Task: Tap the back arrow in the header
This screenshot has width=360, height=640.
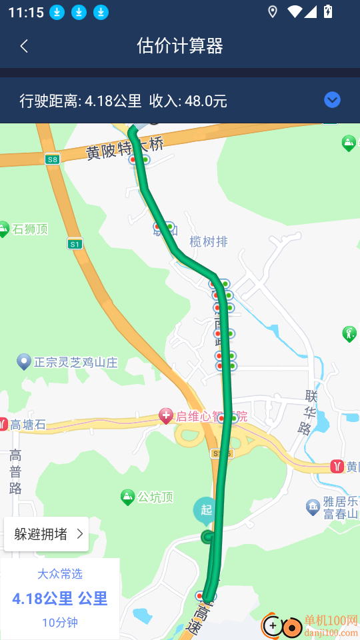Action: coord(25,46)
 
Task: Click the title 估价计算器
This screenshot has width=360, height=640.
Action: coord(180,46)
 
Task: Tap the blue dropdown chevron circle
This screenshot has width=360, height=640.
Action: coord(332,100)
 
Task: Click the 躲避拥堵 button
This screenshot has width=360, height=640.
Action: coord(47,534)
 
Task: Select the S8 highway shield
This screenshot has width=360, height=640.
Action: coord(53,159)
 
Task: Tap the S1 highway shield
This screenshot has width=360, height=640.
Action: coord(75,244)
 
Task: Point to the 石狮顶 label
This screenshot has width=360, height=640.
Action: coord(30,230)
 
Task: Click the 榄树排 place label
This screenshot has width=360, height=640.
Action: coord(209,241)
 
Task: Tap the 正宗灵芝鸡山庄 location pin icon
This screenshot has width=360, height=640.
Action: coord(24,361)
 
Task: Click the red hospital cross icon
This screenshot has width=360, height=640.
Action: coord(166,417)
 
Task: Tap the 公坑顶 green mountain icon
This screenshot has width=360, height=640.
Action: coord(127,497)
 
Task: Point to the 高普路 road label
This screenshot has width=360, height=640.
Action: coord(15,471)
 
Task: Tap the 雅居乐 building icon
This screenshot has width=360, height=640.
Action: coord(312,507)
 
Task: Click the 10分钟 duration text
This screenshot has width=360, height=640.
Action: coord(60,623)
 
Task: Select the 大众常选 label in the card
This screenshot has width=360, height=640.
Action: coord(60,574)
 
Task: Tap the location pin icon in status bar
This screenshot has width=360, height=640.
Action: coord(272,11)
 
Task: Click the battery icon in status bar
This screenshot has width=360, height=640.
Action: coord(328,11)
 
